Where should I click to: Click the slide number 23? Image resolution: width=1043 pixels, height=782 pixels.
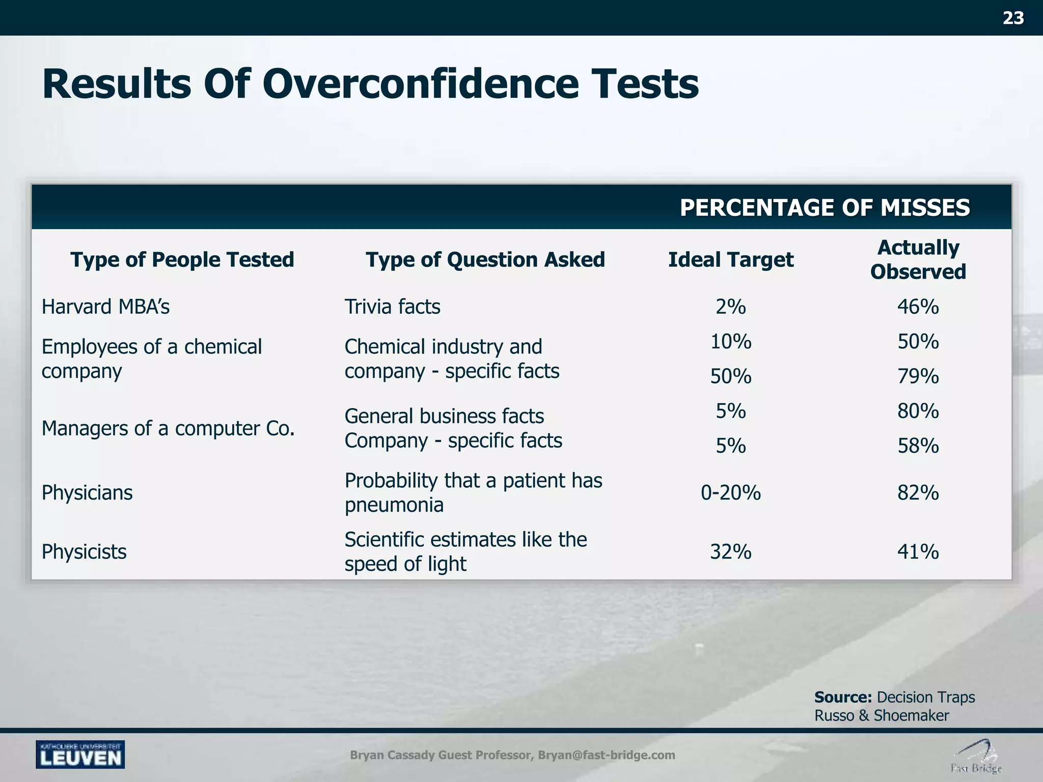pos(1013,18)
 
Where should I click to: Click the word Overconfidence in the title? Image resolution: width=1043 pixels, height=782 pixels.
pos(420,84)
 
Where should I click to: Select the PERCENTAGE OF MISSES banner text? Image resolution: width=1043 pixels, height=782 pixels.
pos(825,208)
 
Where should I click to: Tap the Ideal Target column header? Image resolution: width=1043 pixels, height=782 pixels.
pos(730,260)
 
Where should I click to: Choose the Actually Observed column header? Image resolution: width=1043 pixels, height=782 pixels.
pos(918,260)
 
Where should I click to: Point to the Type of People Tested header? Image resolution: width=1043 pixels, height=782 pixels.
pos(182,260)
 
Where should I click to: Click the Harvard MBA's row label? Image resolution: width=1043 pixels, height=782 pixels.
pos(105,307)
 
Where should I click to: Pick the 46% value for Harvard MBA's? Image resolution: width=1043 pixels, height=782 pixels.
pos(918,307)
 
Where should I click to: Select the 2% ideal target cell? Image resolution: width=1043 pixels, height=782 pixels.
pos(730,307)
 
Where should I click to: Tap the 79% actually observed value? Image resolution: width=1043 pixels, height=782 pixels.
pos(918,376)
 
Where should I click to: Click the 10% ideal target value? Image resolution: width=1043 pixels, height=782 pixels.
pos(730,341)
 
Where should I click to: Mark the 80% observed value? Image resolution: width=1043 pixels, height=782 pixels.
pos(918,411)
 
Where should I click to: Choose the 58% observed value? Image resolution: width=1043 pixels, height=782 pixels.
pos(918,446)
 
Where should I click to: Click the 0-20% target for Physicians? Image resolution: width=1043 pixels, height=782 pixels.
pos(730,493)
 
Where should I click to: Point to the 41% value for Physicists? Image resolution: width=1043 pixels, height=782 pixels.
pos(918,552)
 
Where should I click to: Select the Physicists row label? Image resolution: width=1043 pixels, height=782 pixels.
pos(84,552)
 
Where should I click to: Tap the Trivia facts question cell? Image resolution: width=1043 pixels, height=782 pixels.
pos(392,307)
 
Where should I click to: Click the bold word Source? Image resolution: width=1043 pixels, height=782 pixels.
pos(843,697)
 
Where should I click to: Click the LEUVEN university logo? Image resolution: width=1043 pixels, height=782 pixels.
pos(80,755)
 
